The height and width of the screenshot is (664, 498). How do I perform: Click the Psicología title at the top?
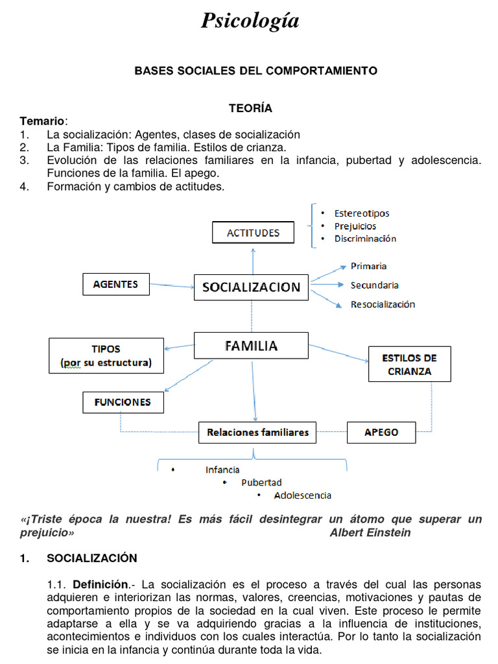[x=250, y=21]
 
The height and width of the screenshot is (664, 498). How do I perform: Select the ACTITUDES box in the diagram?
[x=253, y=233]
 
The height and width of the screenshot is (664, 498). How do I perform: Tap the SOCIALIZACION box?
[x=251, y=287]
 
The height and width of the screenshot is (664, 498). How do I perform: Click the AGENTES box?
[x=115, y=284]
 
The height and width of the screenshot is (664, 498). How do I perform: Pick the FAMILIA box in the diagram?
[x=251, y=346]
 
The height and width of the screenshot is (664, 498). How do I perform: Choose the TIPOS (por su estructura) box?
[x=106, y=355]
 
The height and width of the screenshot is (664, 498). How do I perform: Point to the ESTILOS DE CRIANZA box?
[x=409, y=364]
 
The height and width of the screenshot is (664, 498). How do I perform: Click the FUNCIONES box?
[x=123, y=402]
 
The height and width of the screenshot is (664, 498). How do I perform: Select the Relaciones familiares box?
[x=257, y=432]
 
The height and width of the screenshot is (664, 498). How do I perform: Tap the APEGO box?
[x=381, y=432]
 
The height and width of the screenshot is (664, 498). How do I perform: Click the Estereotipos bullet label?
[x=362, y=213]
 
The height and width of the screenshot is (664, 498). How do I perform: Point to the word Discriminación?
[x=365, y=239]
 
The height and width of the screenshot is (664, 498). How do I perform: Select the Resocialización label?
[x=383, y=304]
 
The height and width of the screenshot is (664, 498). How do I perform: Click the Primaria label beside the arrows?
[x=368, y=266]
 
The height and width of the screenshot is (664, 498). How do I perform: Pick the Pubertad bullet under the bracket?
[x=261, y=482]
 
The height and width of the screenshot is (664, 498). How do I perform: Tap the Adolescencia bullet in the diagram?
[x=302, y=495]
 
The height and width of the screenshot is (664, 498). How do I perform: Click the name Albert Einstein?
[x=370, y=532]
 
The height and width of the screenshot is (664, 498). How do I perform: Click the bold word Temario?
[x=42, y=121]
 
